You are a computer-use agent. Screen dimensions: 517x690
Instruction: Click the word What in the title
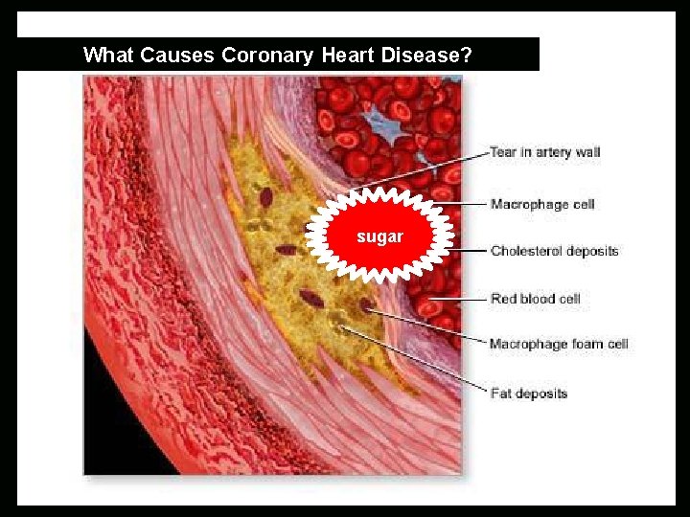[x=108, y=56]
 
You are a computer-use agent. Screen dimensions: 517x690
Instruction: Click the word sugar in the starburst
[x=379, y=236]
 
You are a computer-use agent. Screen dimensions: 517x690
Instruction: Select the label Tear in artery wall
[x=544, y=152]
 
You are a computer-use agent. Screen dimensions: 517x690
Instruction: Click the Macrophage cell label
[x=542, y=204]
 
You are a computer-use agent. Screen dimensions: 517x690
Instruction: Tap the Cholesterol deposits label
[x=554, y=251]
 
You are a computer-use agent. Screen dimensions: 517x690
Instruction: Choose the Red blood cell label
[x=535, y=299]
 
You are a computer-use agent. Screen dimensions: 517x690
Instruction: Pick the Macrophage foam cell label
[x=558, y=344]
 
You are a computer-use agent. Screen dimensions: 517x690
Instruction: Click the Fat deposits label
[x=528, y=393]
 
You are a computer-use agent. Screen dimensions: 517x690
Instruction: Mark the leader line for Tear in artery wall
[x=422, y=169]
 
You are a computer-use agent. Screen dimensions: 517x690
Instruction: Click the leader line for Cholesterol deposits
[x=470, y=251]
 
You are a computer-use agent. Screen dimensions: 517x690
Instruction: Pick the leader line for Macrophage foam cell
[x=426, y=327]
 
